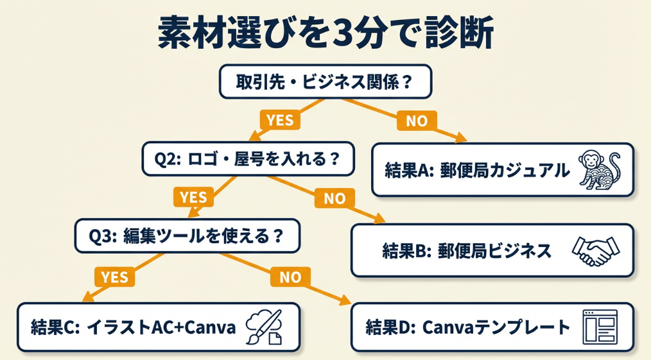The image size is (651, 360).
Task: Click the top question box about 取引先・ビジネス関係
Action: [325, 81]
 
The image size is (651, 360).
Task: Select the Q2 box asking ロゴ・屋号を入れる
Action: [248, 159]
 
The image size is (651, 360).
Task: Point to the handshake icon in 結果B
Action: [595, 250]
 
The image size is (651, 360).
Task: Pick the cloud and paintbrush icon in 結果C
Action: [264, 327]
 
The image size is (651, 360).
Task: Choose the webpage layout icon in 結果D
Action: [598, 327]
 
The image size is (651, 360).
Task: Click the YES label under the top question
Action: [279, 120]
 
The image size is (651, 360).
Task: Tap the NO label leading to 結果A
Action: [417, 120]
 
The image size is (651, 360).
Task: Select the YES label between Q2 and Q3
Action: [193, 197]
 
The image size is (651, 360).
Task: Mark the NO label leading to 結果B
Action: [334, 198]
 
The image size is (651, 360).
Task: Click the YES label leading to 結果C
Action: [115, 277]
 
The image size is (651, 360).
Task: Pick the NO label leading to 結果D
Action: [290, 277]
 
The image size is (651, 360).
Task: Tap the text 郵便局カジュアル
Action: [505, 170]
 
